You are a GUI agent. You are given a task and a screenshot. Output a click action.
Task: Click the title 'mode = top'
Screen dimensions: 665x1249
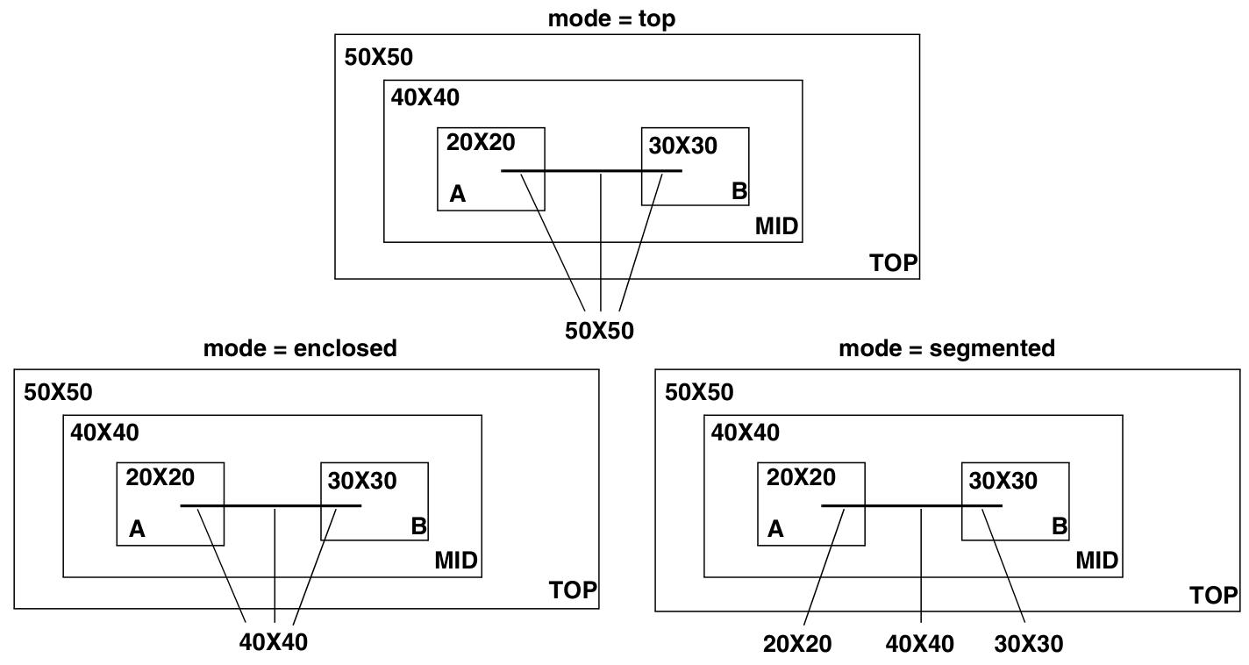(x=611, y=18)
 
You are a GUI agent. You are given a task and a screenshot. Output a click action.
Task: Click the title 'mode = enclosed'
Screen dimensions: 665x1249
(x=300, y=348)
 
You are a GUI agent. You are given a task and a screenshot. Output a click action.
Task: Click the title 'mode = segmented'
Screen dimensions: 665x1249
(x=946, y=348)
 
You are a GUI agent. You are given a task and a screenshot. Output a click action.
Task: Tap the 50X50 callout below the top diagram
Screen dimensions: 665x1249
(x=600, y=330)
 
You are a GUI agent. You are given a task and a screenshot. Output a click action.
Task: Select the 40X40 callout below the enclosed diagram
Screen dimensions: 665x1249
(x=274, y=642)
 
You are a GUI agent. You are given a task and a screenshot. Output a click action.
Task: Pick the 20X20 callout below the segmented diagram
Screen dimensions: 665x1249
(x=797, y=644)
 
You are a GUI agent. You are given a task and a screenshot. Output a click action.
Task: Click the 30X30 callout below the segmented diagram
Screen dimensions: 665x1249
(x=1029, y=644)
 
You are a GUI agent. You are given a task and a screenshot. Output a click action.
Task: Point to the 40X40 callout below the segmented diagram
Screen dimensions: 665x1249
(x=920, y=644)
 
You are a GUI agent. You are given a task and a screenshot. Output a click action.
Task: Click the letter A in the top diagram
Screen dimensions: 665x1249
(x=457, y=194)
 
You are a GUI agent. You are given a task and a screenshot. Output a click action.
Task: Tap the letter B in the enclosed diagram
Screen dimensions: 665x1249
(x=418, y=527)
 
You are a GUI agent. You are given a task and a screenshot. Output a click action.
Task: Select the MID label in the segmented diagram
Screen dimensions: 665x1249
(x=1098, y=561)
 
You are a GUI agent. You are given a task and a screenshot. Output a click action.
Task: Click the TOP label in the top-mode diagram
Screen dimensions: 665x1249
(x=893, y=262)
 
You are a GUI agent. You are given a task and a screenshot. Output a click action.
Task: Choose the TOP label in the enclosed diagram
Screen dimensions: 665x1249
(x=572, y=590)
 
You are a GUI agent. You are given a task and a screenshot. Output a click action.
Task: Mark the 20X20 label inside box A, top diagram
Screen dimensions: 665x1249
(x=481, y=141)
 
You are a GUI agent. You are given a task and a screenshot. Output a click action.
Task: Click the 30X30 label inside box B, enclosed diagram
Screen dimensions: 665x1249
(x=362, y=481)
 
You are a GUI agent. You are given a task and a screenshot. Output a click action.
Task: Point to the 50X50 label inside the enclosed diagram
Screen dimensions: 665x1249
(x=58, y=392)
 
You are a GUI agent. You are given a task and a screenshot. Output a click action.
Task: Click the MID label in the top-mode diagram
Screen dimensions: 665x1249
(x=777, y=227)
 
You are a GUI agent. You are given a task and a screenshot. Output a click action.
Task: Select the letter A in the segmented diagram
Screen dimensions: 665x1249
(x=775, y=529)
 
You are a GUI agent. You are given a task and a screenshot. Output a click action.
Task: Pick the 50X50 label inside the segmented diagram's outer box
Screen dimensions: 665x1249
(x=699, y=392)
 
